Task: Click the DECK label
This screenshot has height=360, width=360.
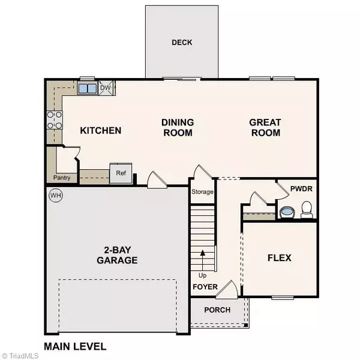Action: pos(182,43)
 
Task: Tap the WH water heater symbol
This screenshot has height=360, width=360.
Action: pos(56,196)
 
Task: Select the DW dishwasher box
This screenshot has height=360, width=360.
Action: pos(106,89)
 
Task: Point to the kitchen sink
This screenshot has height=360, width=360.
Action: pos(88,89)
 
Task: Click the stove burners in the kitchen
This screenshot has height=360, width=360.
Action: pos(55,120)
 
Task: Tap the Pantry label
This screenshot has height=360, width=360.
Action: pos(61,178)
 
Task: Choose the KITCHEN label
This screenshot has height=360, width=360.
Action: pos(101,131)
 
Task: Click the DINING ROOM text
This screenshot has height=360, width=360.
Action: pos(177,127)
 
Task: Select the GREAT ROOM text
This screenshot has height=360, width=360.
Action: pos(265,127)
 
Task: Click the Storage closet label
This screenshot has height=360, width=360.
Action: pos(203,193)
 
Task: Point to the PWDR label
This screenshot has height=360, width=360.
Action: pos(301,189)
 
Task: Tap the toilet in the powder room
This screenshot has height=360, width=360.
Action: pos(307,209)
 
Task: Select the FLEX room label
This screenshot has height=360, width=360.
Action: pos(279,258)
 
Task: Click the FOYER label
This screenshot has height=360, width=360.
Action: pos(205,287)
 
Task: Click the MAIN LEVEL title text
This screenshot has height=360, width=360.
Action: pos(75,346)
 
